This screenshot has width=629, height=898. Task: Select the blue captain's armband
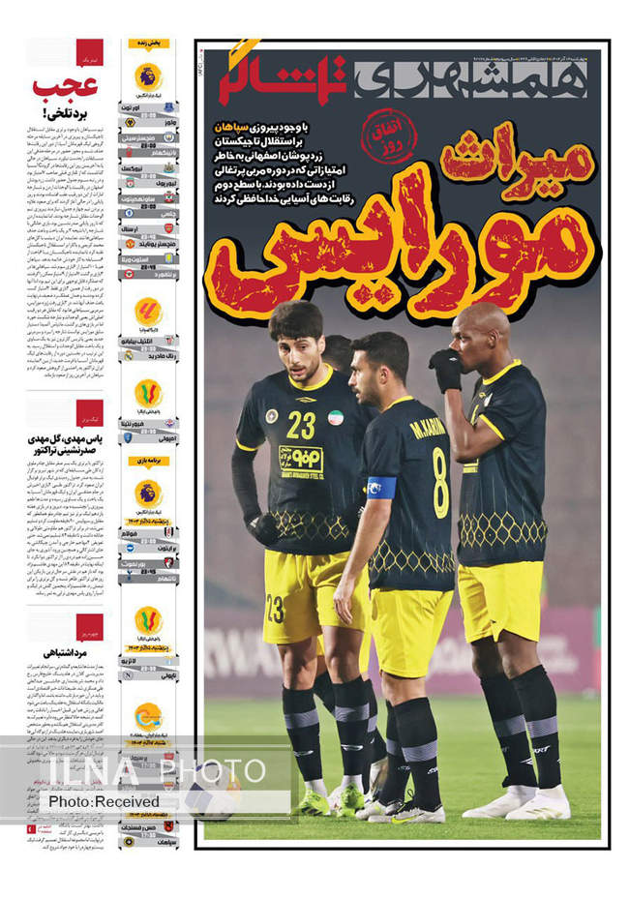pyautogui.click(x=381, y=487)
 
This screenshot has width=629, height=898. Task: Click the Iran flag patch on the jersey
pyautogui.click(x=336, y=417)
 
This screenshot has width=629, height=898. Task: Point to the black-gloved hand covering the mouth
pyautogui.click(x=448, y=369)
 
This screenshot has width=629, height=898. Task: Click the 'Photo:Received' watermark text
pyautogui.click(x=105, y=801)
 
